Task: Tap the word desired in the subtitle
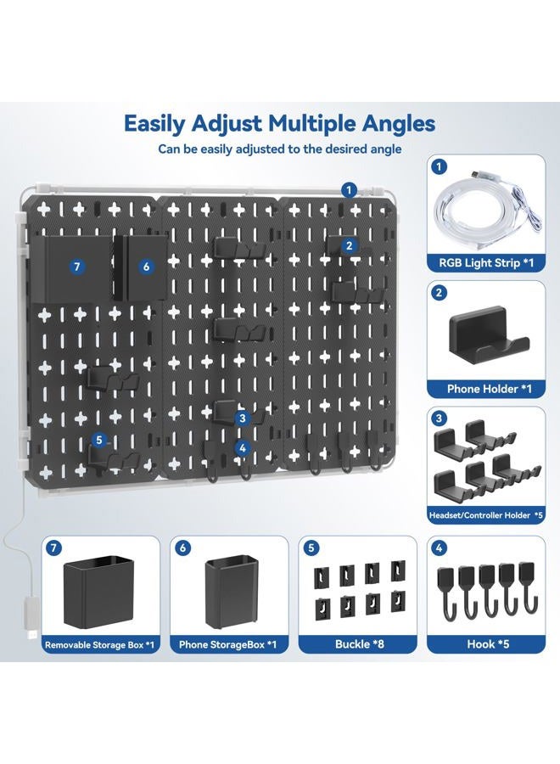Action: (x=335, y=149)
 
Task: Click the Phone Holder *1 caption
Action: (x=482, y=389)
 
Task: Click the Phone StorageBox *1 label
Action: (x=228, y=645)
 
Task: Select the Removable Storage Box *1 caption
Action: (x=99, y=645)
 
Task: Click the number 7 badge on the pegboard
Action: (x=77, y=267)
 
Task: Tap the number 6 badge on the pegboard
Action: (x=146, y=267)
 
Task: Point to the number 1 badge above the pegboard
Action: (x=348, y=189)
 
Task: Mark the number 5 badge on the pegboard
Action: (x=99, y=441)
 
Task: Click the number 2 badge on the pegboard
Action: (x=348, y=245)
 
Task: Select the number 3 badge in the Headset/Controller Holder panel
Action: (x=438, y=419)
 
